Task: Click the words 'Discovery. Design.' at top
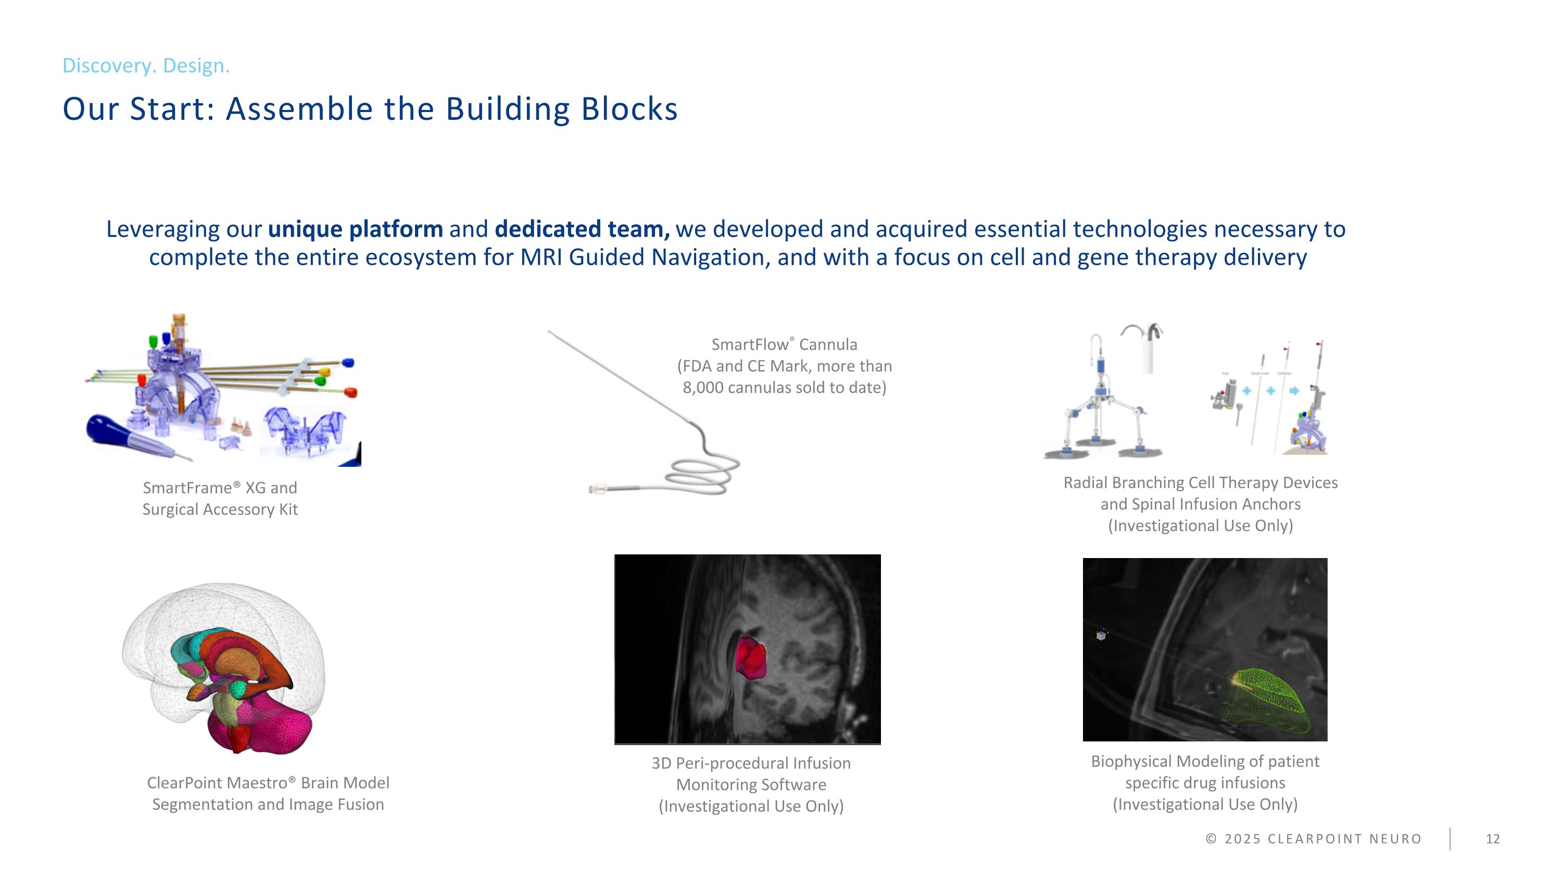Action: [146, 66]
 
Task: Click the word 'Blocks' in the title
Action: [629, 109]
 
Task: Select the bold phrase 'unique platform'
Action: [355, 229]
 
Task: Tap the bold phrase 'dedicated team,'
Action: [582, 229]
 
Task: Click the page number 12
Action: [1492, 839]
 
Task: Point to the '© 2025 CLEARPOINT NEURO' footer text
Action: [1314, 839]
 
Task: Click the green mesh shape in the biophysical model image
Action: [1267, 704]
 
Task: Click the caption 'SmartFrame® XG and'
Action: [220, 488]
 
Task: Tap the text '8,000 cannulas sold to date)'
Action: [784, 388]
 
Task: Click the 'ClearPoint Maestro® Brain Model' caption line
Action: [268, 783]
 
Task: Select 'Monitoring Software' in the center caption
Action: [751, 785]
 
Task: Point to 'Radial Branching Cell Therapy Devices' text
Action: [1200, 483]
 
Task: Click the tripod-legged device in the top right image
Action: [1101, 413]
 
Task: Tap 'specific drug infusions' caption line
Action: [1205, 783]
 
